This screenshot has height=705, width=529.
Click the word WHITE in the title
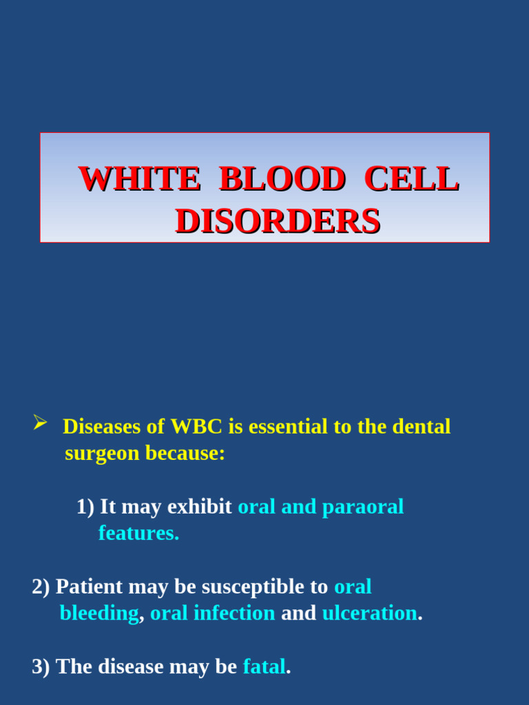click(139, 179)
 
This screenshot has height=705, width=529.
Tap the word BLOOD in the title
click(282, 179)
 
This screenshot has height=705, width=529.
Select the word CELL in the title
click(411, 179)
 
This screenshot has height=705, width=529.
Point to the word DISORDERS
click(278, 222)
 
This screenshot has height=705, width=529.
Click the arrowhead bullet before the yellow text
click(40, 423)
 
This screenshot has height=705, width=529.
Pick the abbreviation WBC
click(196, 427)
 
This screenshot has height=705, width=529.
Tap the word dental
click(421, 427)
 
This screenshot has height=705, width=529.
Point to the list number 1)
click(85, 507)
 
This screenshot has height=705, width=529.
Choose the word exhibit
click(200, 507)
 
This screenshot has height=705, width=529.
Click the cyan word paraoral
click(363, 507)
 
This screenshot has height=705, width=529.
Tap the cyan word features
click(138, 533)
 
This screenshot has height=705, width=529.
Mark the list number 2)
click(41, 587)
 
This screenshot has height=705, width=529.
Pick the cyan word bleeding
click(99, 613)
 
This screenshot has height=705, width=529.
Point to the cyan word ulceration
click(370, 613)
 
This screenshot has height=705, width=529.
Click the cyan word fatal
click(264, 666)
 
